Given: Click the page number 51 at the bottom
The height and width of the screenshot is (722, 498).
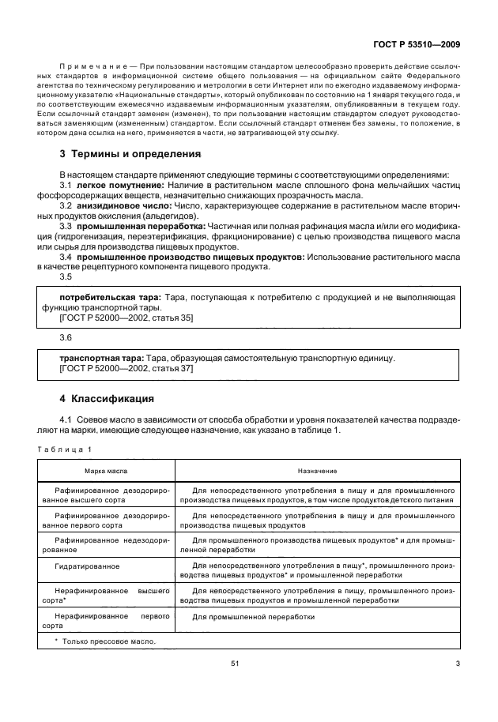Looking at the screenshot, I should [x=235, y=664].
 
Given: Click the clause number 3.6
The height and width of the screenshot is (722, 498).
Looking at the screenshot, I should [x=66, y=337].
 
